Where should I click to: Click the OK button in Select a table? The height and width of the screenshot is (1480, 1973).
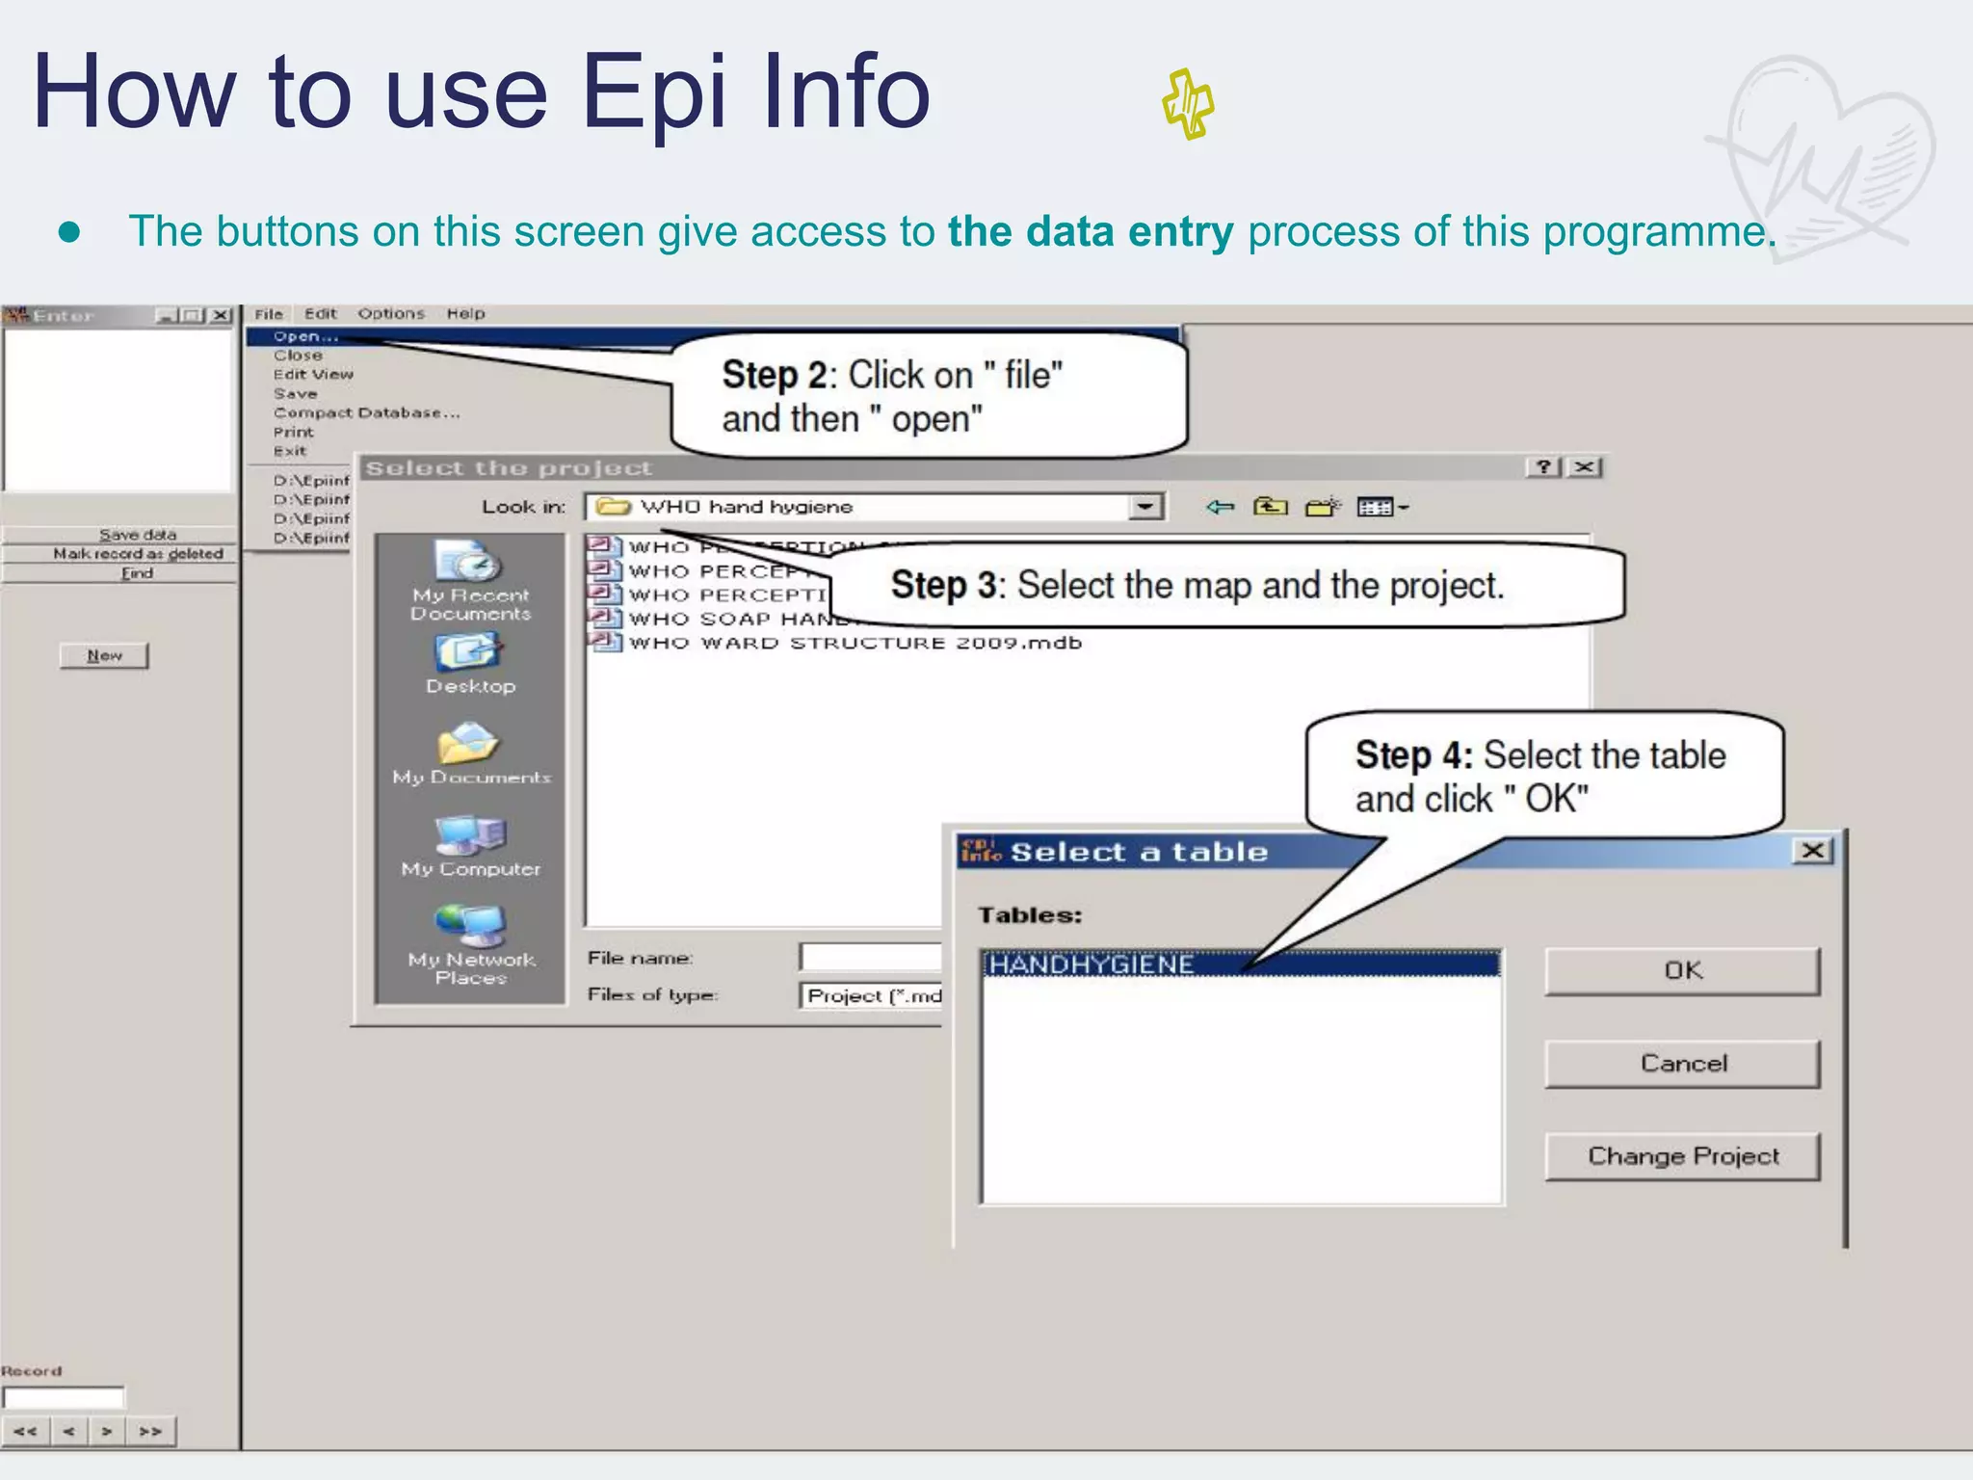[x=1682, y=970]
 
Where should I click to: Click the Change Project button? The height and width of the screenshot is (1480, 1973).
[x=1682, y=1155]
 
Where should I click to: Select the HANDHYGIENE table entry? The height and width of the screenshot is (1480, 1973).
[x=1092, y=964]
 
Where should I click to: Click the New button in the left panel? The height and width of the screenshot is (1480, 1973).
[x=104, y=655]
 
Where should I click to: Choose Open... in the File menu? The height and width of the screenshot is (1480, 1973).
[x=305, y=336]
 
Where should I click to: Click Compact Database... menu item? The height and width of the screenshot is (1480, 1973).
[x=366, y=412]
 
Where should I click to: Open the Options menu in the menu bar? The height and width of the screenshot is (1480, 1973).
[x=391, y=313]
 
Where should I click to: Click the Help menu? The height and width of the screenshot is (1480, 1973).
[x=465, y=313]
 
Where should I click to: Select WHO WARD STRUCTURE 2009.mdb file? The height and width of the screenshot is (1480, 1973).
[x=855, y=643]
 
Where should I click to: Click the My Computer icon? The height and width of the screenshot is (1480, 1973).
[x=470, y=836]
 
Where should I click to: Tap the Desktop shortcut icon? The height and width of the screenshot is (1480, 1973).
[x=470, y=654]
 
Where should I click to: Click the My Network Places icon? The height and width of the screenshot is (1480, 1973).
[x=470, y=927]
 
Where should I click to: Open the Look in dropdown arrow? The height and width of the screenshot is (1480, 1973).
[x=1145, y=507]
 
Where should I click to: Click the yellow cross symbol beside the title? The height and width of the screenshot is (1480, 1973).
[x=1188, y=104]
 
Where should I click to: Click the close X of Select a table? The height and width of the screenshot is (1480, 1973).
[x=1812, y=851]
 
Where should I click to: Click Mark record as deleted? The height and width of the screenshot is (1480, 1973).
[x=138, y=553]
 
